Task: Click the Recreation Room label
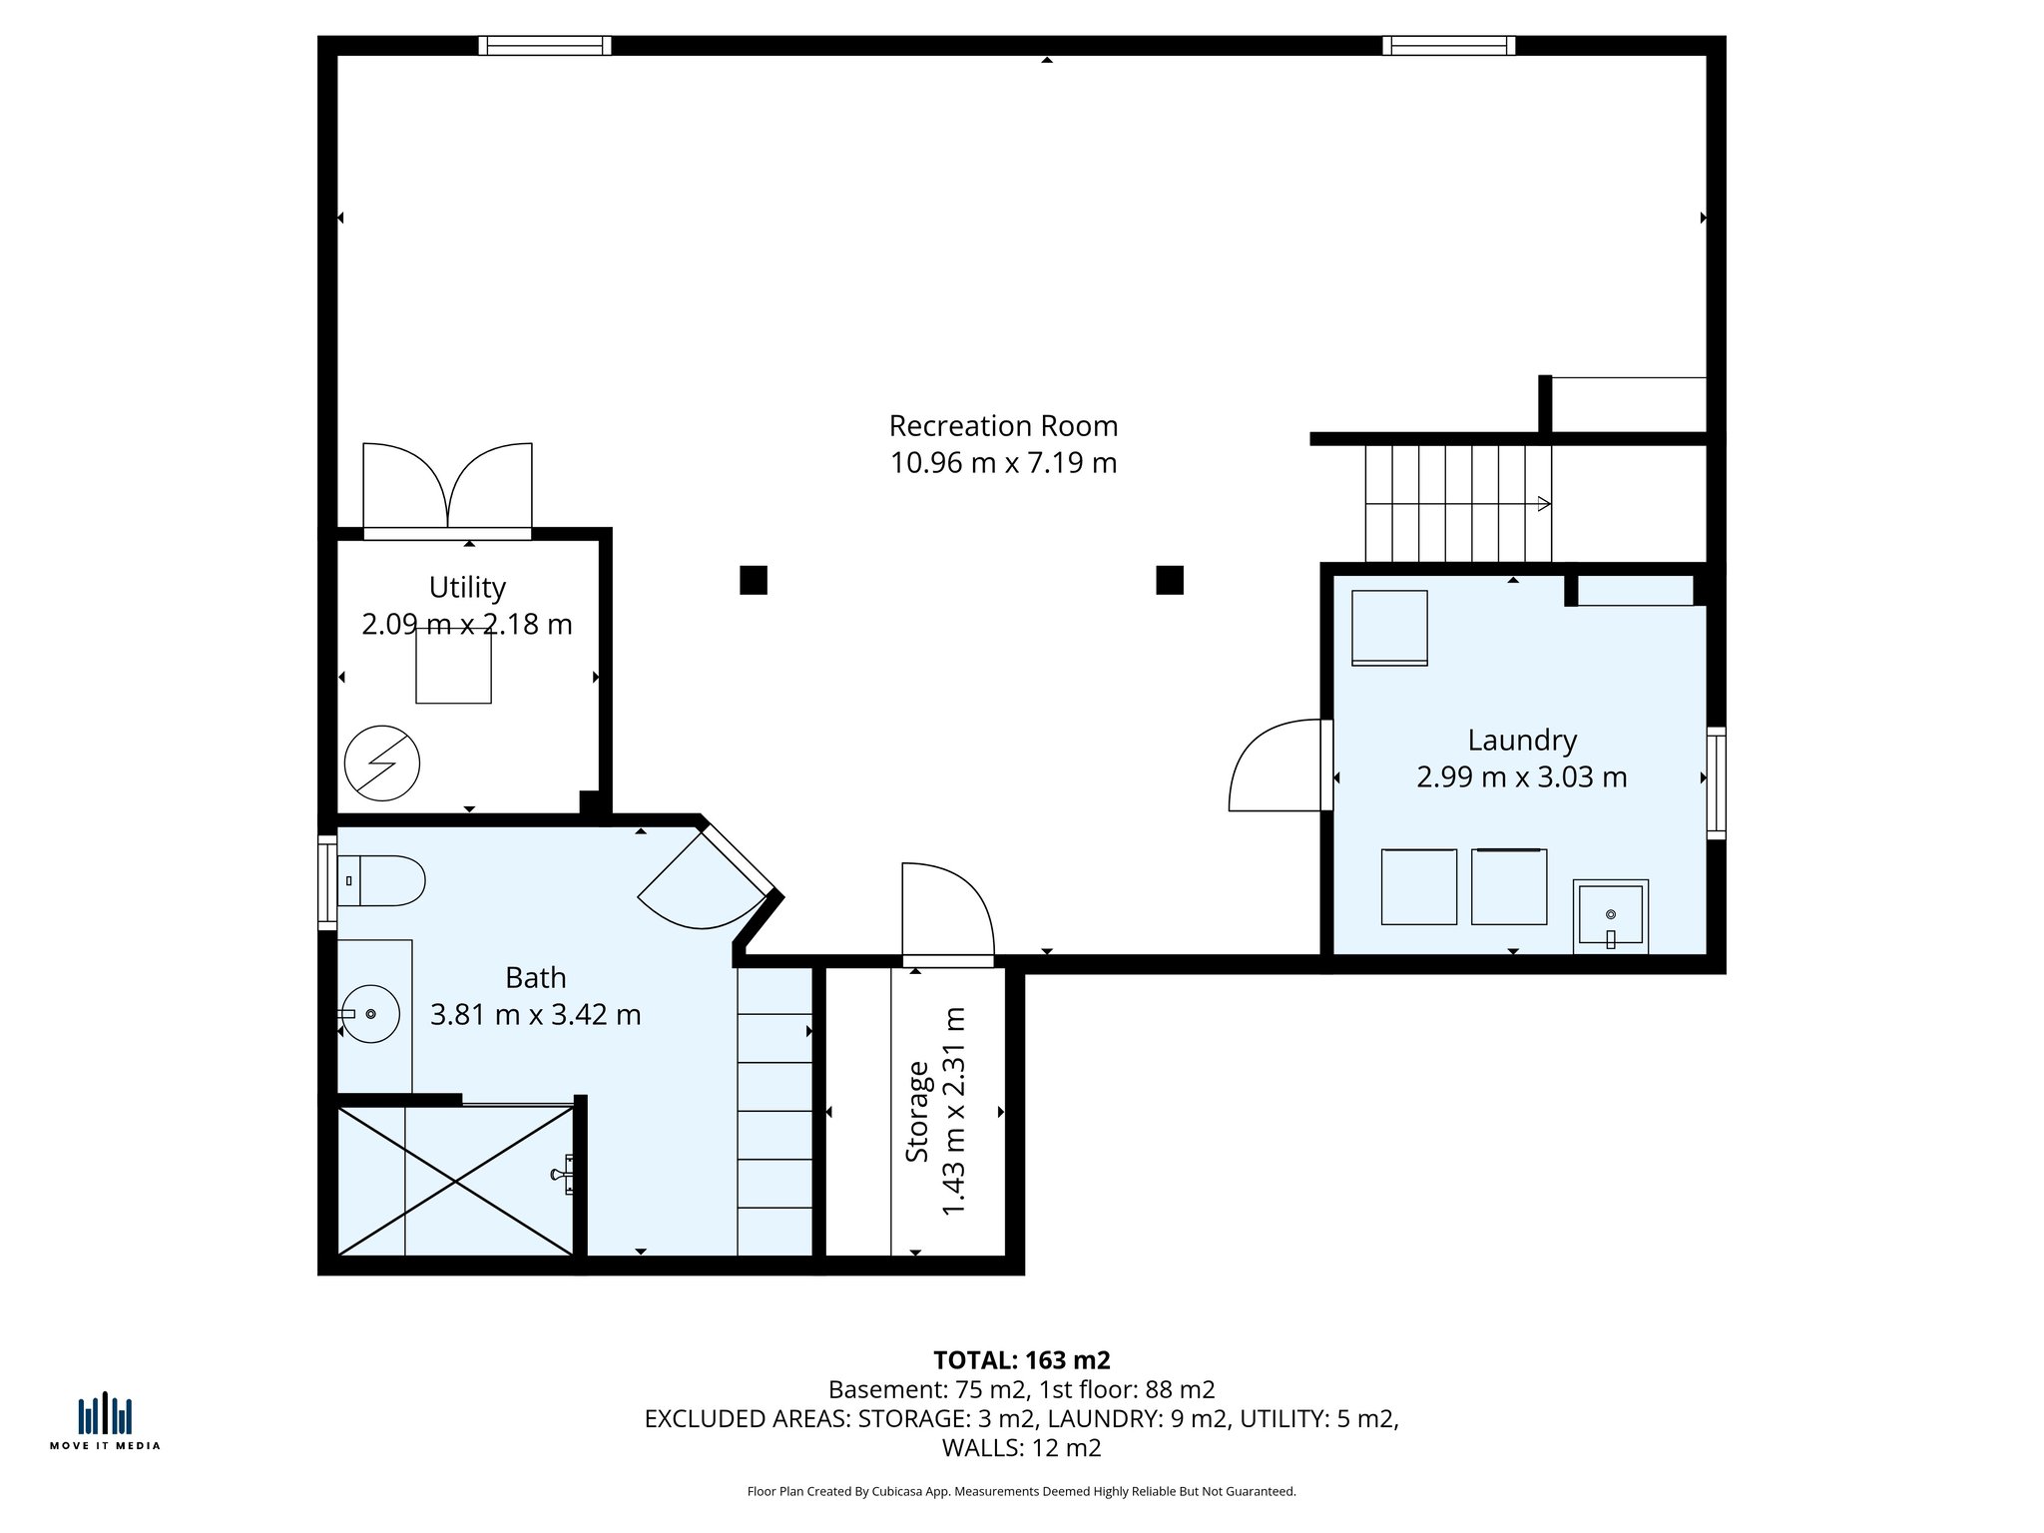[1003, 426]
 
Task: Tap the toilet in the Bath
[381, 880]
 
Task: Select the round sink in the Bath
[370, 1014]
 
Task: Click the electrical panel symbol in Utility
[382, 764]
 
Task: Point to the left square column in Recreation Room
[754, 580]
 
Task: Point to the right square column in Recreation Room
[1170, 580]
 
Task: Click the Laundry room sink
[1610, 915]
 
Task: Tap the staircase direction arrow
[1543, 504]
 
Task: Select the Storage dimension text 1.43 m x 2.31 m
[954, 1111]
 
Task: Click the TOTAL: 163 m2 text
[1021, 1360]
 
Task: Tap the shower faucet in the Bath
[563, 1175]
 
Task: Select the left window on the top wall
[544, 45]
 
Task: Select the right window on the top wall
[1448, 45]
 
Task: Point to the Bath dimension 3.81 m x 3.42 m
[535, 1014]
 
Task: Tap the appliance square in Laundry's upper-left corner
[1389, 628]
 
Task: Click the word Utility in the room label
[467, 587]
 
